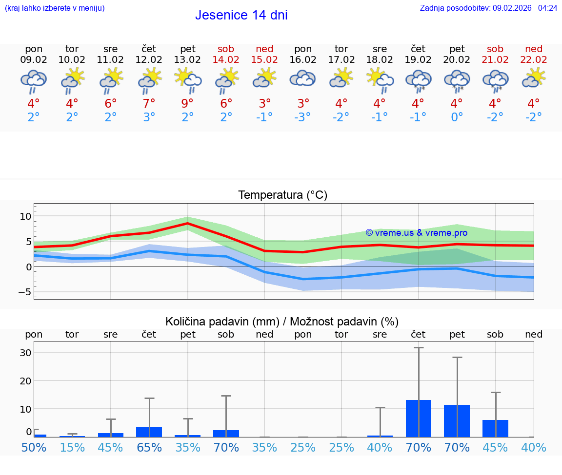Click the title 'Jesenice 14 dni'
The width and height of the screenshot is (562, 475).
coord(241,15)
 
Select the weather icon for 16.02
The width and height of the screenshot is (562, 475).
coord(303,79)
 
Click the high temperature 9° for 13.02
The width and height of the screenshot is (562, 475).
coord(187,104)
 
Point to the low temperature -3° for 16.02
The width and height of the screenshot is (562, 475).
coord(303,117)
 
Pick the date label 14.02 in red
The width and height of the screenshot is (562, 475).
coord(226,59)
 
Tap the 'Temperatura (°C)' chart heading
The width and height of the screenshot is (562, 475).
coord(282,195)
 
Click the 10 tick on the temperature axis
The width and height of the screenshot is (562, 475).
coord(25,216)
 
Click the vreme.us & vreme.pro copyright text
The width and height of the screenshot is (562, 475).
coord(416,233)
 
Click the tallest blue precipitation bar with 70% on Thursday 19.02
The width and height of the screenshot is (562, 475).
coord(419,418)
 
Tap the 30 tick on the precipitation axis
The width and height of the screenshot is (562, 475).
coord(25,353)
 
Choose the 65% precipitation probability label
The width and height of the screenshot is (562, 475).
coord(149,447)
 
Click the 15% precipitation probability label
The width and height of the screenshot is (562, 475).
coord(72,447)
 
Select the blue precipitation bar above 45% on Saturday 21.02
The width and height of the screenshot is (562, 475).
coord(495,428)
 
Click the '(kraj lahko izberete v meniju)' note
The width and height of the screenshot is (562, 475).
coord(55,8)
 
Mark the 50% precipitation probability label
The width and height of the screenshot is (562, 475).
coord(34,447)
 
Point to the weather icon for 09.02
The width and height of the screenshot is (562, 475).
coord(34,81)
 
